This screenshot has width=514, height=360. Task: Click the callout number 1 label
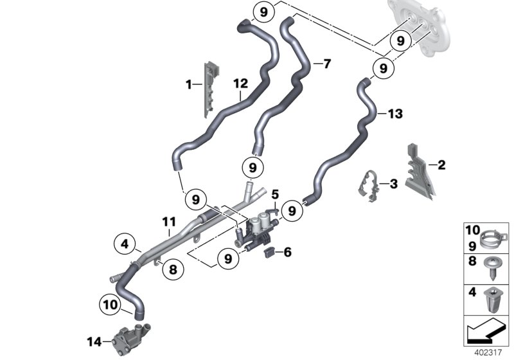pyautogui.click(x=189, y=84)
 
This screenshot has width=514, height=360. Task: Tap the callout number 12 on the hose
pyautogui.click(x=240, y=84)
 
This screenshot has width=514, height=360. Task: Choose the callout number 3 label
pyautogui.click(x=393, y=184)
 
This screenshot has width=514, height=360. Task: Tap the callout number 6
pyautogui.click(x=287, y=253)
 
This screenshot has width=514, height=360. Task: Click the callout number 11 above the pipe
pyautogui.click(x=168, y=222)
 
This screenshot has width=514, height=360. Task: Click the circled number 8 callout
pyautogui.click(x=172, y=270)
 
